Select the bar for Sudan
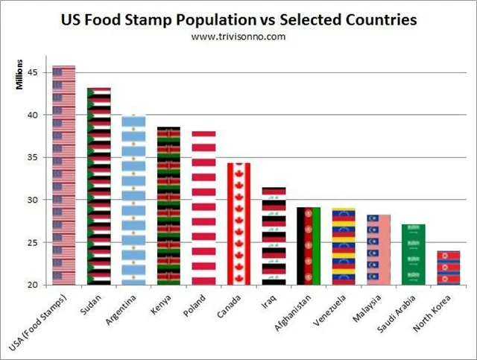[x=98, y=186]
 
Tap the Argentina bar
[x=133, y=200]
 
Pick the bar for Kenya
[x=168, y=206]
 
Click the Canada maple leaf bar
[x=238, y=224]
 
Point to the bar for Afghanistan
[x=308, y=246]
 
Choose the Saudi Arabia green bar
[x=413, y=254]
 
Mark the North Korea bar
[x=448, y=268]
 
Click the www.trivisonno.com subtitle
[x=238, y=36]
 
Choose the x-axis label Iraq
[x=269, y=298]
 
